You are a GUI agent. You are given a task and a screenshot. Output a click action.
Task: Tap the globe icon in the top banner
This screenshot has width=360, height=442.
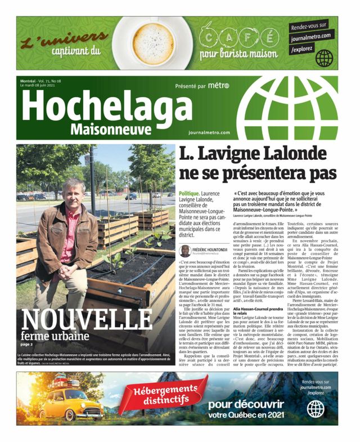pyautogui.click(x=325, y=58)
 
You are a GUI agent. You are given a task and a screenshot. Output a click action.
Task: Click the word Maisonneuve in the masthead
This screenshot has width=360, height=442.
pyautogui.click(x=111, y=130)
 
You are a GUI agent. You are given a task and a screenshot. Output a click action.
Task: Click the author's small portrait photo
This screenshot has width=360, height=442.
pyautogui.click(x=184, y=251)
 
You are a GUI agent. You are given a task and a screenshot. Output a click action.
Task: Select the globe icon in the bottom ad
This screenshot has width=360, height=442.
pyautogui.click(x=316, y=409)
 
